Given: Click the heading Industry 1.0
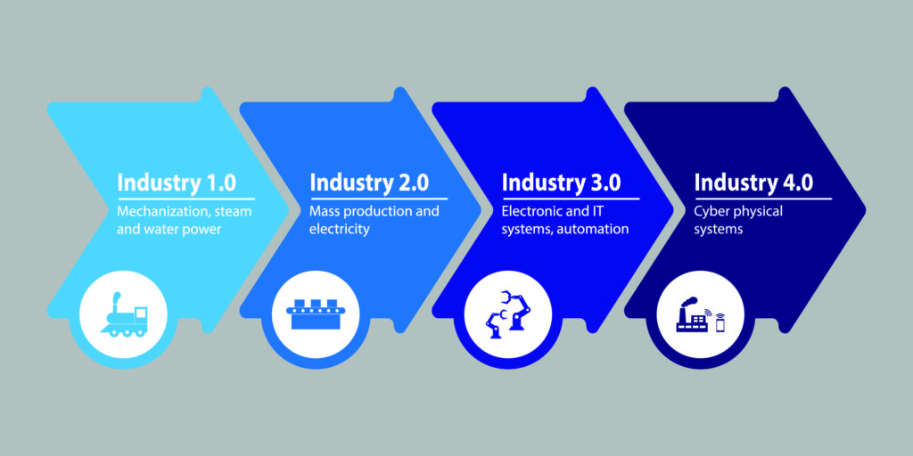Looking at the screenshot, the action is coord(177,182).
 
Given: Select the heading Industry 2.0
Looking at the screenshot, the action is coord(369,182).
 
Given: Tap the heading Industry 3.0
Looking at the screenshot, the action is coord(562,182).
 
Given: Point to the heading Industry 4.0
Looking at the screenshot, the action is coord(753,182).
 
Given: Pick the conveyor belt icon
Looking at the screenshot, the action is coord(316,314).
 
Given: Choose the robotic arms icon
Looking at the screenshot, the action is coord(507,314).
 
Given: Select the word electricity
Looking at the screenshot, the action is coord(340,229).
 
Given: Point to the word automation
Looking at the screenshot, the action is coord(592,229).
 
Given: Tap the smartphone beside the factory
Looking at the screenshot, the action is coord(720,322).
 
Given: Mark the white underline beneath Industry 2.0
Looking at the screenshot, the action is coord(378,199).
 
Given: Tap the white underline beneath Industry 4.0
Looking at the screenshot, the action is coord(763,199).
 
